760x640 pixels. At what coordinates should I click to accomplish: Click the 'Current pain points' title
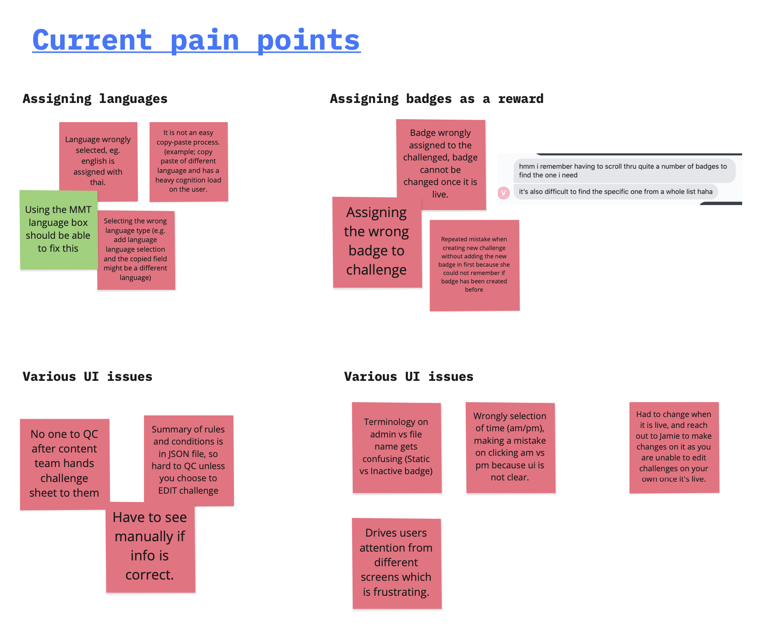pos(196,40)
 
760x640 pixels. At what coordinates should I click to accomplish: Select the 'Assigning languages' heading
pos(95,99)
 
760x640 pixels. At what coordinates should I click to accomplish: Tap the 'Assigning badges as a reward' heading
pos(436,99)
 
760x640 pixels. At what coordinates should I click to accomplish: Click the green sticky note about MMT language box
pos(58,229)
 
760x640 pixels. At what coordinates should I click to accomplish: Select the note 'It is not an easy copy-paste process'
pos(188,161)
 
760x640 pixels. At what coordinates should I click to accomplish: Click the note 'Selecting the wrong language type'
pos(136,250)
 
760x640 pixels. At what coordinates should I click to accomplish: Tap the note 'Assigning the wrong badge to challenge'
pos(376,242)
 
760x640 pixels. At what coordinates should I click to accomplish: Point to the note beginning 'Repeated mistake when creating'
pos(474,265)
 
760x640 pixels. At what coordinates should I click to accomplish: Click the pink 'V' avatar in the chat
pos(504,193)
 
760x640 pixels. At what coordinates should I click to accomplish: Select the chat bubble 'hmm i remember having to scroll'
pos(624,171)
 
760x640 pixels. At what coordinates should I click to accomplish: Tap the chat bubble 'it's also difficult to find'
pos(615,192)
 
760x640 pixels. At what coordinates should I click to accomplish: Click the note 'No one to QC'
pos(64,464)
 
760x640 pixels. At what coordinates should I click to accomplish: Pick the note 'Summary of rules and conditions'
pos(188,460)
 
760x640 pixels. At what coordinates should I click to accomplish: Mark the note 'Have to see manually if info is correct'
pos(150,546)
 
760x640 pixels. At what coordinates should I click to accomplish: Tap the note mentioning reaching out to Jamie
pos(674,447)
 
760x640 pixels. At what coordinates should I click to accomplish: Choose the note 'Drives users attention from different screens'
pos(397,562)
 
